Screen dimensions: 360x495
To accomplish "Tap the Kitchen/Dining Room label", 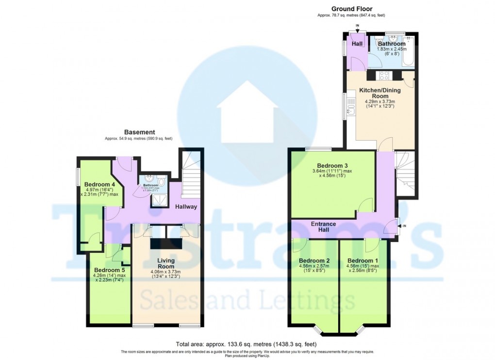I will (380, 93).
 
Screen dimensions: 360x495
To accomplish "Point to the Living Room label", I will (166, 263).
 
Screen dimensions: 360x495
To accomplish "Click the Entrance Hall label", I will (324, 227).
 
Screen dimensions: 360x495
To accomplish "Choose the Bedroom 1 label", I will (363, 260).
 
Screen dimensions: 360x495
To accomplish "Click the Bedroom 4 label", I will (99, 184).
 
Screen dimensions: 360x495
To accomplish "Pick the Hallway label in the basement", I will (186, 207).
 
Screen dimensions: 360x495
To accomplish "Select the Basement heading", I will (139, 132).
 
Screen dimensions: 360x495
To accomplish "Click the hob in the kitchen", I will (384, 75).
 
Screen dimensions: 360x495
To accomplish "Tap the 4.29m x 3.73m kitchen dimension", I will (380, 102).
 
